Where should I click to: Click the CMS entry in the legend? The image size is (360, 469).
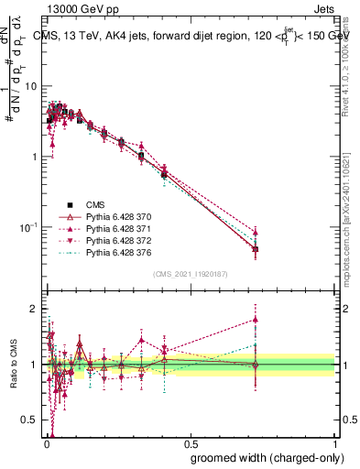click(95, 205)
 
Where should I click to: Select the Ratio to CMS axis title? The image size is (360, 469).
click(13, 365)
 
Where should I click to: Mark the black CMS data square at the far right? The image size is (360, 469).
click(256, 249)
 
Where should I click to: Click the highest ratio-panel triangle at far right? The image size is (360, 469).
click(256, 320)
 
